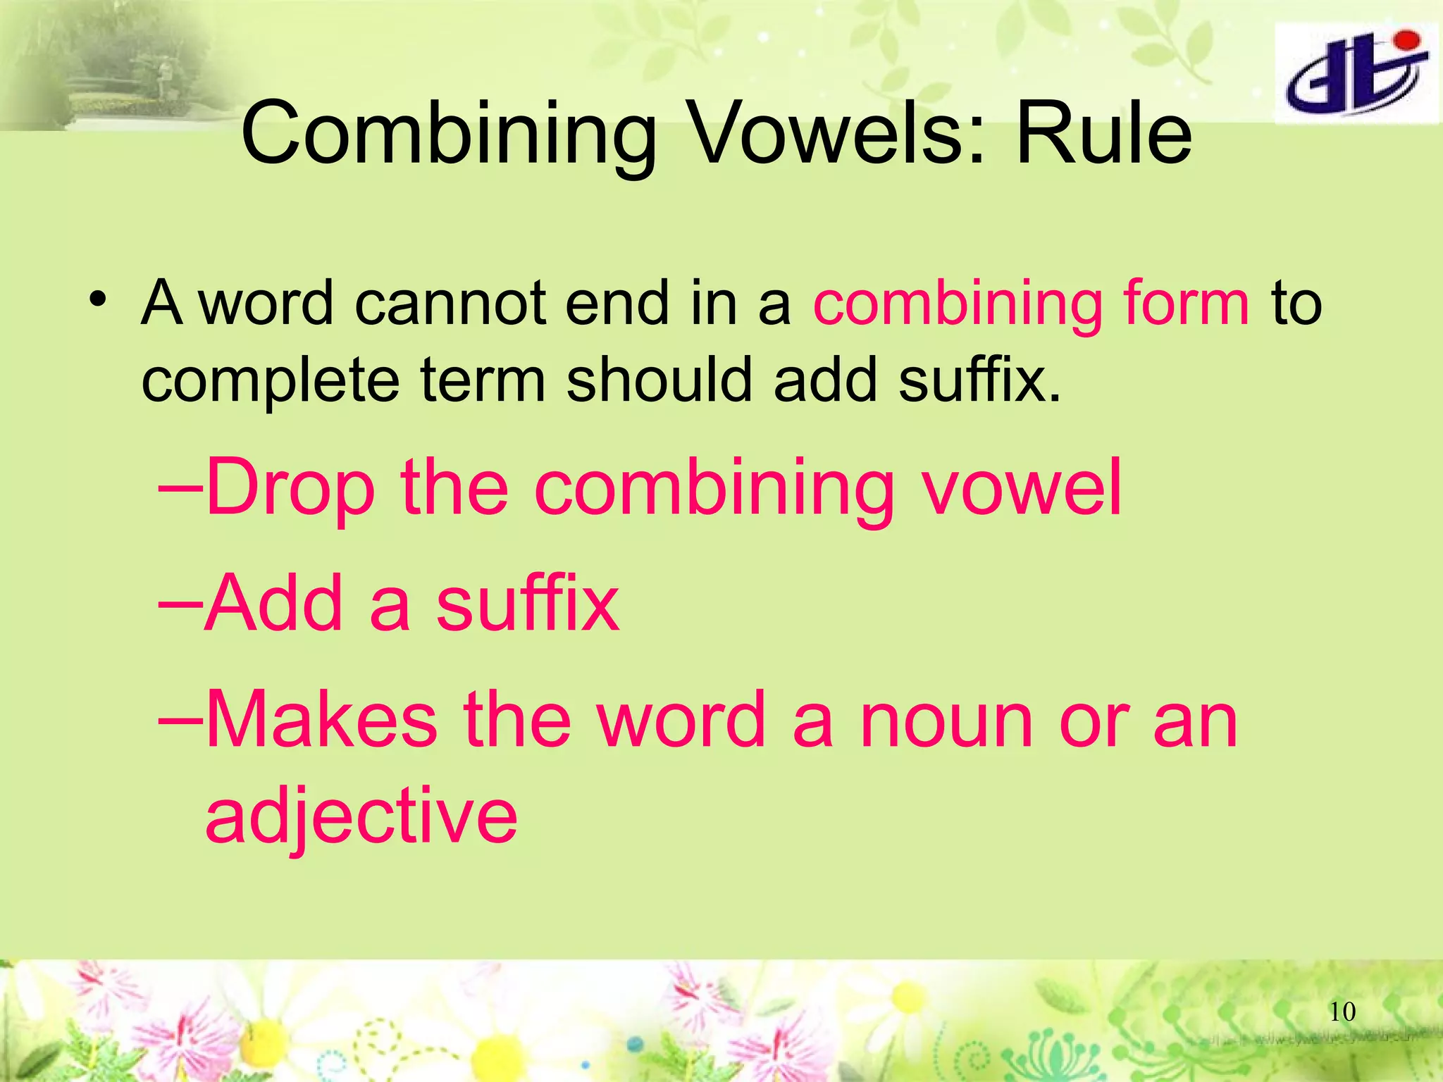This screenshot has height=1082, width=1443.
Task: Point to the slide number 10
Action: (1342, 1012)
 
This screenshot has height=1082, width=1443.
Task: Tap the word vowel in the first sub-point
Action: (1022, 487)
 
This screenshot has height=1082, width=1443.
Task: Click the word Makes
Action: (321, 719)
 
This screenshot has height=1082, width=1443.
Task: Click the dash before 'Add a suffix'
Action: (180, 604)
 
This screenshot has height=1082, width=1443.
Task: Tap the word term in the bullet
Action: (483, 380)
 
